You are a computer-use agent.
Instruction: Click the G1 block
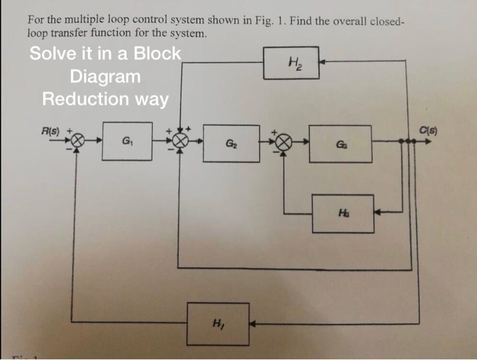(x=127, y=142)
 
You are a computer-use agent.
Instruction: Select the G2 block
(x=231, y=143)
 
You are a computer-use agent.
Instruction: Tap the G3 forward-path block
(x=340, y=143)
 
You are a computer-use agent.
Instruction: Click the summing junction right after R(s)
(x=78, y=141)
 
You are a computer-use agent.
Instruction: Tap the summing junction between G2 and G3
(x=284, y=142)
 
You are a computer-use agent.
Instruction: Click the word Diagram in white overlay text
(x=105, y=76)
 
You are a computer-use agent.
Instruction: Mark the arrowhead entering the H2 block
(x=323, y=62)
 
